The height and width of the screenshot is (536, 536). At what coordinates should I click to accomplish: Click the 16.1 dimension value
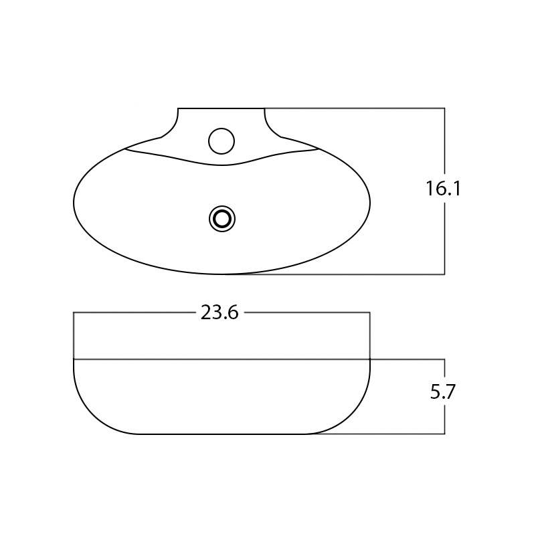pyautogui.click(x=444, y=189)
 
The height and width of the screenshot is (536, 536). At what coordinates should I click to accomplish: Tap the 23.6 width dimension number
pyautogui.click(x=219, y=312)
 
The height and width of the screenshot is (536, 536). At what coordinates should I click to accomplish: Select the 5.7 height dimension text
pyautogui.click(x=443, y=391)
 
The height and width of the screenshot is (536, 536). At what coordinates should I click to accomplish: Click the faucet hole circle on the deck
pyautogui.click(x=221, y=141)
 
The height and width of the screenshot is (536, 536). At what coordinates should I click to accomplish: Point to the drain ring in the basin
pyautogui.click(x=222, y=219)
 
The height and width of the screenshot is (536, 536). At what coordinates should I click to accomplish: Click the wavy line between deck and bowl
pyautogui.click(x=221, y=164)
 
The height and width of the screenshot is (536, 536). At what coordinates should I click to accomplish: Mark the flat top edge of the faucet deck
pyautogui.click(x=221, y=108)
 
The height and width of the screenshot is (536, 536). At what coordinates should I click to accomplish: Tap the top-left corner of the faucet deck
pyautogui.click(x=178, y=108)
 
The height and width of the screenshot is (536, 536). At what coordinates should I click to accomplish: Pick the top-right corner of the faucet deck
pyautogui.click(x=265, y=108)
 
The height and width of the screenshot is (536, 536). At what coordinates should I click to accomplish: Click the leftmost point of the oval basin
pyautogui.click(x=74, y=201)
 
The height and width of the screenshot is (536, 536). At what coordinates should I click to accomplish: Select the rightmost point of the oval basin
pyautogui.click(x=370, y=201)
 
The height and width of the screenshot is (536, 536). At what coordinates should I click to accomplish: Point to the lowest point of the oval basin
pyautogui.click(x=221, y=274)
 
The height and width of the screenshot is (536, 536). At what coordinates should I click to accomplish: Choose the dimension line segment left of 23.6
pyautogui.click(x=134, y=312)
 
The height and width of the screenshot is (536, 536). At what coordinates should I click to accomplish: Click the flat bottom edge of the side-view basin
pyautogui.click(x=221, y=434)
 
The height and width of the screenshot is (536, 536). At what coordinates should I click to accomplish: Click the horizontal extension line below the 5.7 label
pyautogui.click(x=401, y=434)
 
